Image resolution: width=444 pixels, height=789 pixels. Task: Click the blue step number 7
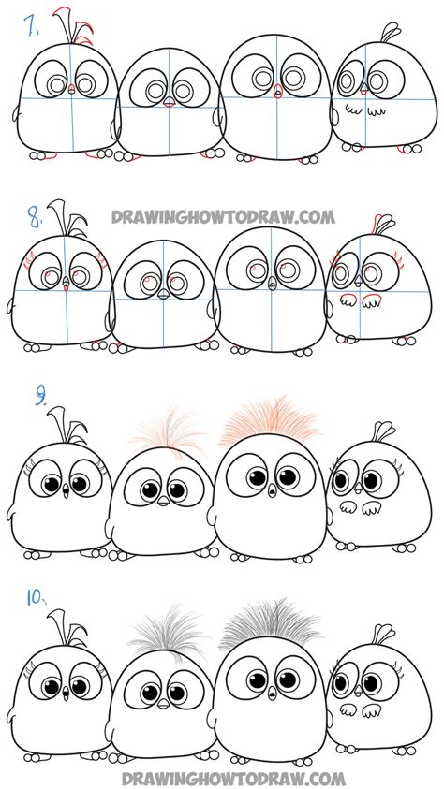pyautogui.click(x=33, y=27)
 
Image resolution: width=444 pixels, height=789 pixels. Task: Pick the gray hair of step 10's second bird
pyautogui.click(x=169, y=636)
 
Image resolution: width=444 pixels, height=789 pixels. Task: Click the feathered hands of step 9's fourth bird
pyautogui.click(x=362, y=506)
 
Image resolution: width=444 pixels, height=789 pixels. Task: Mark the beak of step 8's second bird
pyautogui.click(x=163, y=292)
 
